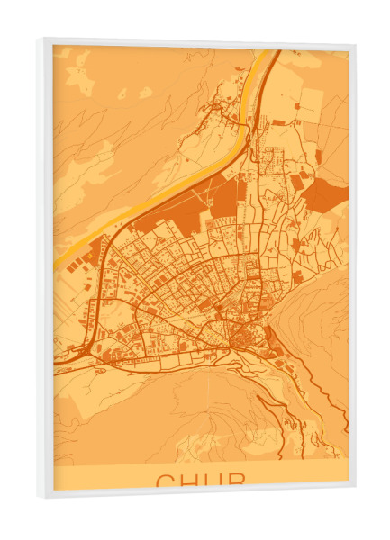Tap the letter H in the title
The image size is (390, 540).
point(189,481)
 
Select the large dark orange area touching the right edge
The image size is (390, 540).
point(326,194)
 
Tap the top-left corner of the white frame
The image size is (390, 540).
point(39,39)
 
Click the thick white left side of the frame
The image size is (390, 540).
point(44,270)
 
